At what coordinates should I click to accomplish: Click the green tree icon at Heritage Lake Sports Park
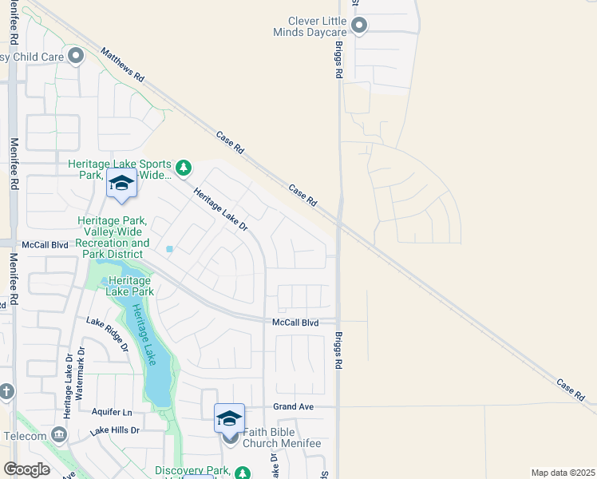184,167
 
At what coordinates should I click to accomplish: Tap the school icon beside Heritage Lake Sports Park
121,184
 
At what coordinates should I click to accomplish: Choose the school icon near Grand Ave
229,418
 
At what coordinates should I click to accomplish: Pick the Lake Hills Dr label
114,430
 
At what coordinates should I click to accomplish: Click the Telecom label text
24,437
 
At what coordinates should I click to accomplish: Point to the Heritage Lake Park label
128,286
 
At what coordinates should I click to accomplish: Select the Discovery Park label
192,471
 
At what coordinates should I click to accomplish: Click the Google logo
26,469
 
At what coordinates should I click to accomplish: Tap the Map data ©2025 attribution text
563,473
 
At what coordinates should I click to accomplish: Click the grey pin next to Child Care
76,56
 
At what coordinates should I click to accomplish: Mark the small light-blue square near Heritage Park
169,249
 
